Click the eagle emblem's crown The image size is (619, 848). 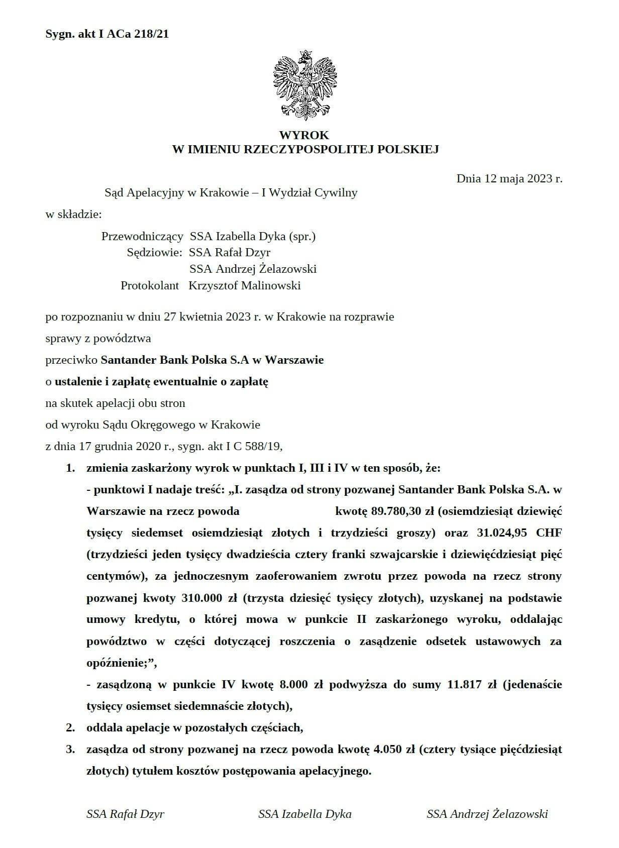pos(304,54)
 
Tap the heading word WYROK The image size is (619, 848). pos(304,135)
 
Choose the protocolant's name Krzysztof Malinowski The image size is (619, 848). pos(245,286)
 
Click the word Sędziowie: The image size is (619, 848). pos(154,252)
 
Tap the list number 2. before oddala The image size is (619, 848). pos(71,727)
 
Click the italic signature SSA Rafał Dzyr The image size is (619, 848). pos(125,814)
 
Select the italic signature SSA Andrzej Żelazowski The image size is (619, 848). pos(487,814)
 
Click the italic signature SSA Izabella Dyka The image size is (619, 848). pos(304,814)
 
